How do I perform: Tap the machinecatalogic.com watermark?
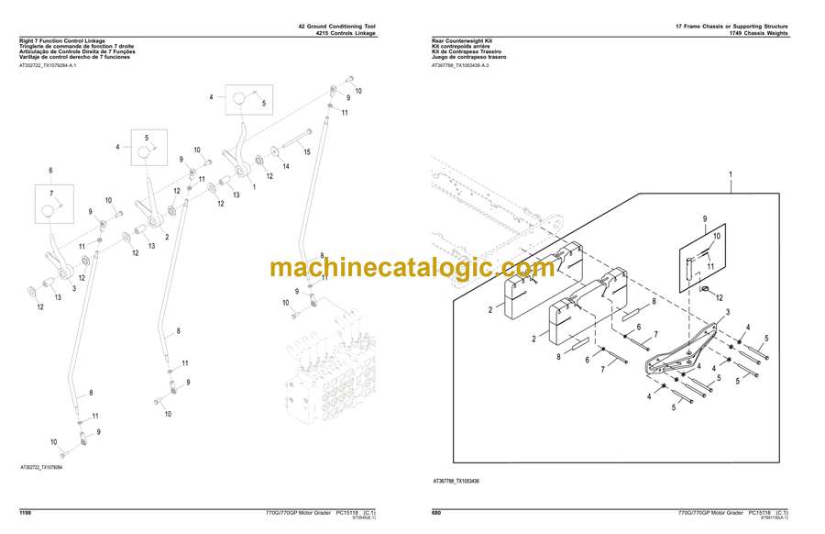click(412, 268)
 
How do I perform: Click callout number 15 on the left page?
click(307, 151)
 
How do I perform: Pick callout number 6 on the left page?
click(50, 171)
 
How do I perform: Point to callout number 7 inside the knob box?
click(52, 193)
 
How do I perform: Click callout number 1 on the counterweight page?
click(731, 173)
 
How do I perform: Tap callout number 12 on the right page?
click(720, 297)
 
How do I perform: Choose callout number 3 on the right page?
click(727, 314)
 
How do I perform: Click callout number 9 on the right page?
click(705, 218)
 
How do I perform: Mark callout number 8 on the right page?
click(653, 301)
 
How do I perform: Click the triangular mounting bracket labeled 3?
click(683, 353)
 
